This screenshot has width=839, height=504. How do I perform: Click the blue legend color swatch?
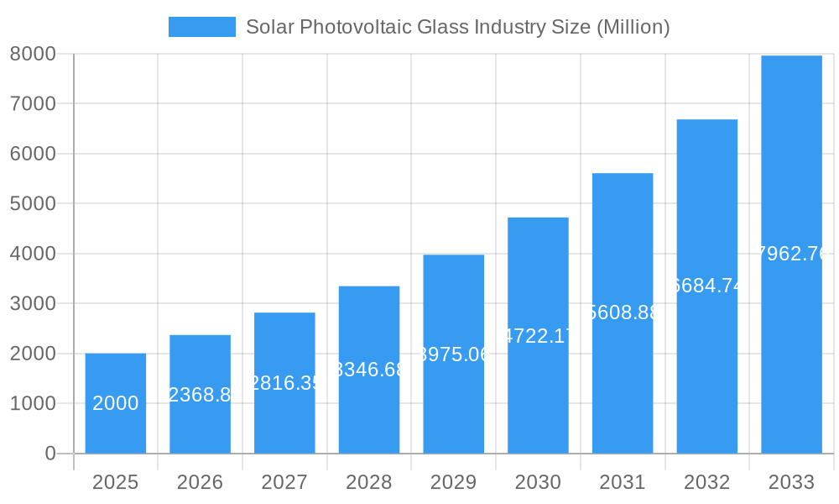tap(202, 27)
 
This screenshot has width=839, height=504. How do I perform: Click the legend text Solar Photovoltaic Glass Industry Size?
tap(457, 27)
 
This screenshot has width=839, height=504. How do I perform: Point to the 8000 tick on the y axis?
tap(33, 54)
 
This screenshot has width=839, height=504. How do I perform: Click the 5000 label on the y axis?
tap(33, 203)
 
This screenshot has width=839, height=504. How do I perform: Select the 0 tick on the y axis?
tap(50, 454)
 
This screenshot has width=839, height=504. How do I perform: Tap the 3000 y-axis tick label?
tap(33, 303)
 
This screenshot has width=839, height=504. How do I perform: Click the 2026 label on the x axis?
tap(200, 482)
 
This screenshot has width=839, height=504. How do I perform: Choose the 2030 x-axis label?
tap(538, 482)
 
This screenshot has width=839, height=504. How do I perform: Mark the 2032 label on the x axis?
tap(707, 482)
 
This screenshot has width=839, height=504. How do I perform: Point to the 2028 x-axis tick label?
tap(369, 482)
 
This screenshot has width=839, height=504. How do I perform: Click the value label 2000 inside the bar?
tap(116, 403)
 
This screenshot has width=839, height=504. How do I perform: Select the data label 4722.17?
tap(538, 336)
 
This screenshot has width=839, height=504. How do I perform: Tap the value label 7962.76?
tap(791, 254)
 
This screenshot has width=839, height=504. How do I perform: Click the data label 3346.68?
tap(369, 370)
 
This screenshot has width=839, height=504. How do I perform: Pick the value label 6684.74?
tap(707, 286)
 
